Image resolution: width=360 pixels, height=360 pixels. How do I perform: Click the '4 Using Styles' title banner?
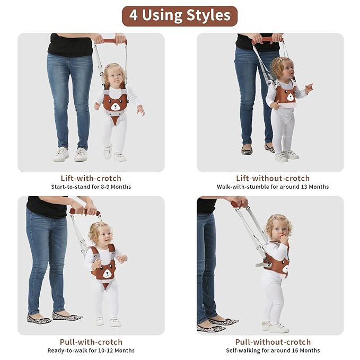pos(180,15)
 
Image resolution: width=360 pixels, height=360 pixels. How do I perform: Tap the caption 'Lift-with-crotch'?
pos(91,178)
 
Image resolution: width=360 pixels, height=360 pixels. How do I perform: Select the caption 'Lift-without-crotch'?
pos(273,178)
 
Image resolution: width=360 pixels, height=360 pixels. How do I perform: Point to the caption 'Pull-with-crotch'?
pos(91,341)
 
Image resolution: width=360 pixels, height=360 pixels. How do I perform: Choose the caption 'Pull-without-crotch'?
pos(273,341)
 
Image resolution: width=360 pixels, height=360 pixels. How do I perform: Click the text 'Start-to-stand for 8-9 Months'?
pos(91,187)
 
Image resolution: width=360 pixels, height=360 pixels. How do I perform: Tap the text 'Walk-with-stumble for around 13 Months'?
pos(273,187)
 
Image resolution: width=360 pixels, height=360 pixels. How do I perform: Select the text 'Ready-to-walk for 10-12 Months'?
pos(91,350)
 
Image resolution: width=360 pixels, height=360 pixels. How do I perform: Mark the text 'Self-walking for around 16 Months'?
pos(273,350)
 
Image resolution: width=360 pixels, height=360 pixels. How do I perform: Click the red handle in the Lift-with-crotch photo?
pos(114,41)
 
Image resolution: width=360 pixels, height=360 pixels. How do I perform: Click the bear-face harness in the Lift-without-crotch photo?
pos(285,94)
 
